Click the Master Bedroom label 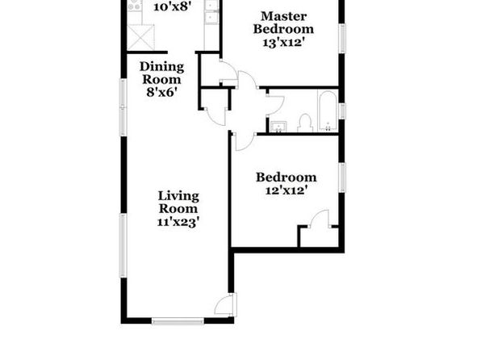click(x=283, y=23)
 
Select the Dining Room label click(x=161, y=73)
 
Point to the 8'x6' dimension click(x=161, y=92)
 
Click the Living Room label click(x=178, y=202)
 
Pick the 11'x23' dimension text click(x=178, y=222)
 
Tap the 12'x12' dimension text click(x=287, y=190)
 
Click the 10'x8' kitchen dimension click(x=173, y=6)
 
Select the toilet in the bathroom click(x=305, y=123)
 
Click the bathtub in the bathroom click(x=328, y=111)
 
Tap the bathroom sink click(x=278, y=127)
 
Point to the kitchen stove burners click(x=135, y=6)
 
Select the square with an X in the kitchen click(x=140, y=37)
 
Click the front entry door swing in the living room click(x=226, y=305)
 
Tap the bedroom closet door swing click(x=320, y=219)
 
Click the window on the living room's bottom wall click(x=178, y=321)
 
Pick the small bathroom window click(x=342, y=111)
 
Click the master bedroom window click(x=342, y=39)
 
